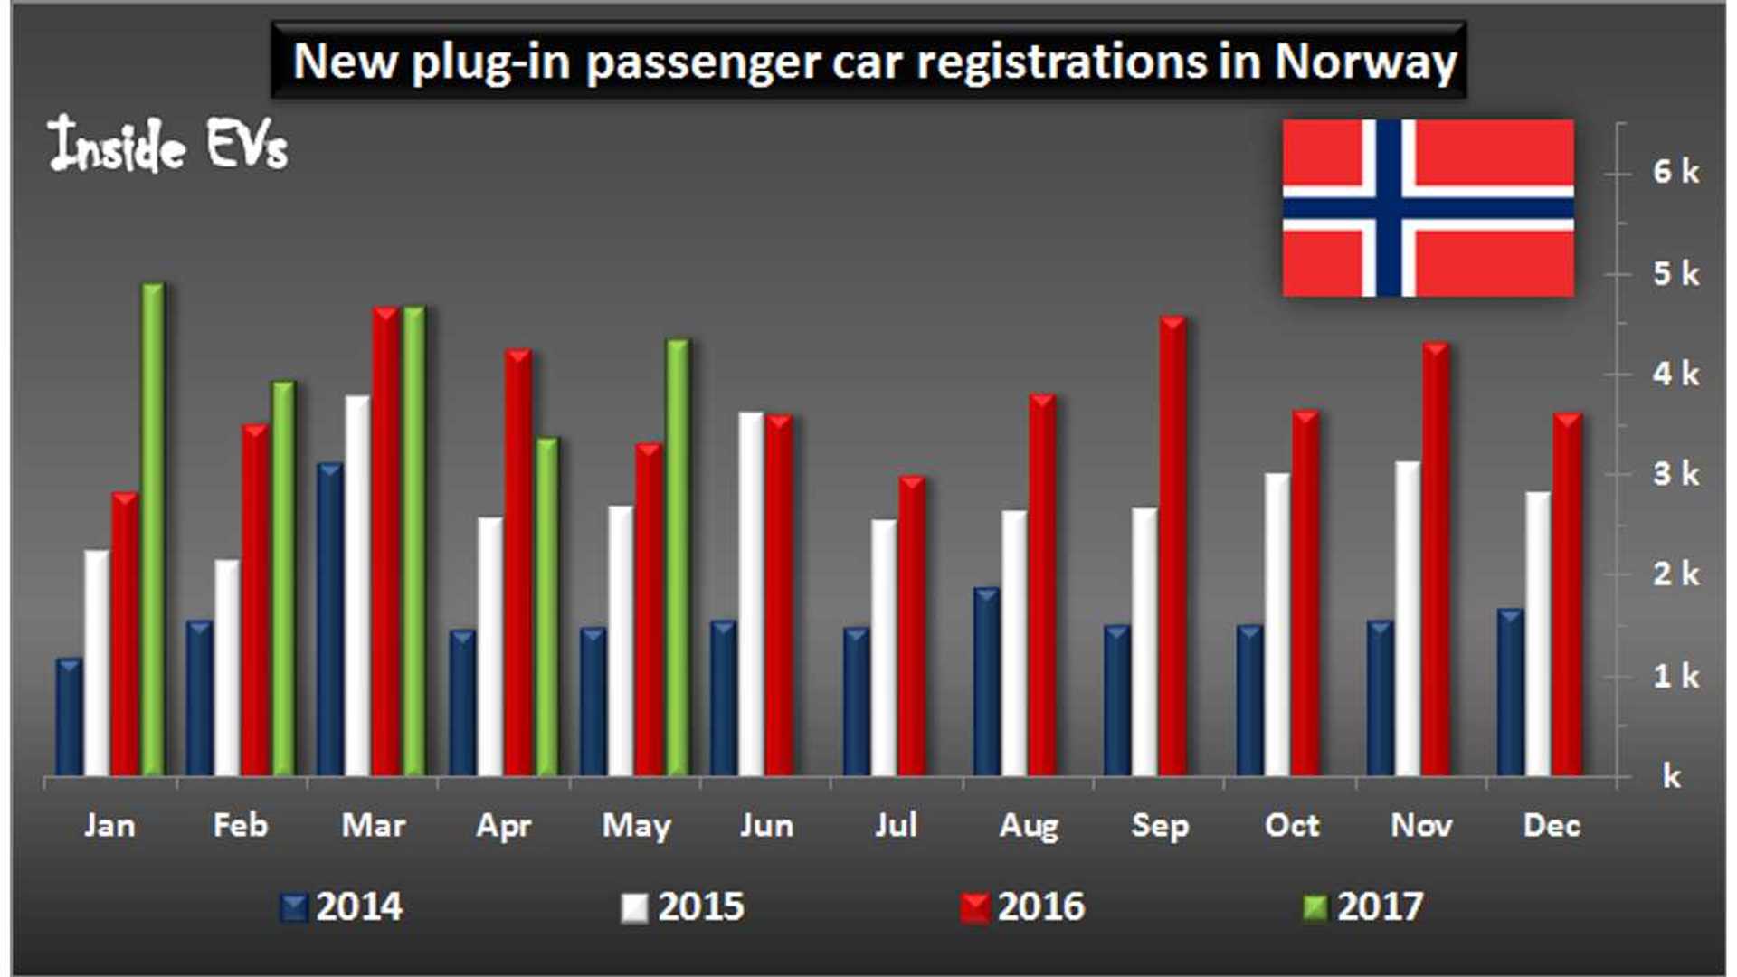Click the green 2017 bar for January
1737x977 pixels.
tap(153, 534)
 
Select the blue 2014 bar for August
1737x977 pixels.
tap(986, 683)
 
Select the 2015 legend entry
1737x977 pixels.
tap(683, 906)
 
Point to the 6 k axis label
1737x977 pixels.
tap(1675, 172)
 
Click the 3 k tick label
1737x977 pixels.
tap(1675, 474)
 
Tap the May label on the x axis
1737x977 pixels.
tap(636, 826)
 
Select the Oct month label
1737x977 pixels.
tap(1291, 825)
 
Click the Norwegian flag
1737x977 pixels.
tap(1428, 208)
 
